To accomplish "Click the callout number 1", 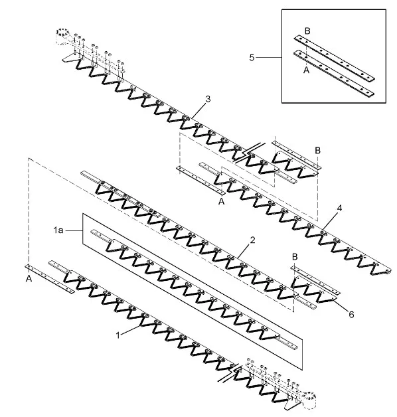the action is tap(118, 335).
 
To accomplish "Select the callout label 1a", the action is tap(58, 230).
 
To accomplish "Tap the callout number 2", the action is tap(252, 240).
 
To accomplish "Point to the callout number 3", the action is tap(208, 99).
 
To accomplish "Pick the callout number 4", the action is tap(339, 208).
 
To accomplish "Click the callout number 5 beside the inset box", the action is tap(252, 58).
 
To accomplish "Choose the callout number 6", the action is tap(351, 315).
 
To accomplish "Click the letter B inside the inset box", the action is tap(307, 31).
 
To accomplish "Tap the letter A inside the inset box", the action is tap(306, 70).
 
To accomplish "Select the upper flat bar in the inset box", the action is tap(334, 58).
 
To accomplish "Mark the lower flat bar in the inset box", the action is tap(334, 73).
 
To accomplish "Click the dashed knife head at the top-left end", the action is tap(62, 36).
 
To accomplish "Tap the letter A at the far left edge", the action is tap(29, 279).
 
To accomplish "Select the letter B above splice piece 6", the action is tap(295, 257).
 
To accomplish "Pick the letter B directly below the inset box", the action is tap(317, 151).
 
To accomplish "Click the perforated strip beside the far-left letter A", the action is tap(50, 279).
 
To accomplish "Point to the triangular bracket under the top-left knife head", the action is tap(70, 58).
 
